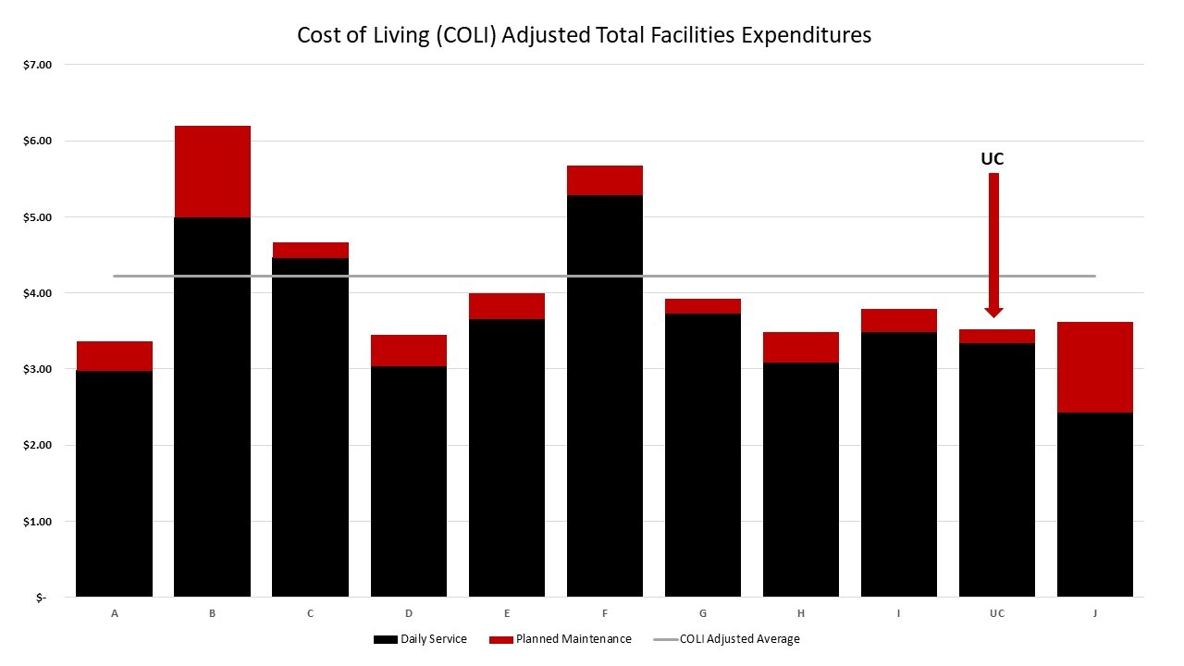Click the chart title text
pos(584,35)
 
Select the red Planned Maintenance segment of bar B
pos(212,171)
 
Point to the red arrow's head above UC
pos(993,312)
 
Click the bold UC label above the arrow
pos(992,159)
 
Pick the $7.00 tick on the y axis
pos(40,65)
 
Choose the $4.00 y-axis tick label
pos(40,293)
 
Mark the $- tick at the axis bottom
pos(42,598)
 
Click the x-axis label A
pos(114,613)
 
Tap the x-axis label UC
pos(996,613)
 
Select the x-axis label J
pos(1094,613)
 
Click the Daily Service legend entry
pos(420,639)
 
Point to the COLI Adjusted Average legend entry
pos(726,639)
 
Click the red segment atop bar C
pos(310,250)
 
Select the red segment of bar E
pos(506,306)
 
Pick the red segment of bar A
pos(114,356)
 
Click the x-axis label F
pos(604,613)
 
